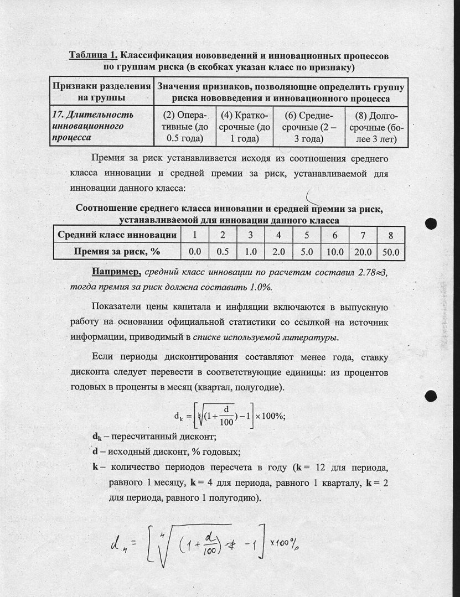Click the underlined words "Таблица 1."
point(93,56)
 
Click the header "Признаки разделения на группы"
point(102,91)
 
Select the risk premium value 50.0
point(391,252)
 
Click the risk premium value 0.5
point(223,252)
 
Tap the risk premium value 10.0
point(335,252)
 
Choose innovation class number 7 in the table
point(363,235)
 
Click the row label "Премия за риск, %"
point(117,252)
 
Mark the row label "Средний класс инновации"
point(117,235)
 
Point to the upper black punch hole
point(431,224)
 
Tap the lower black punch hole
point(431,396)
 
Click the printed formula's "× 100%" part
point(272,416)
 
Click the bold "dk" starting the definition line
point(97,437)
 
